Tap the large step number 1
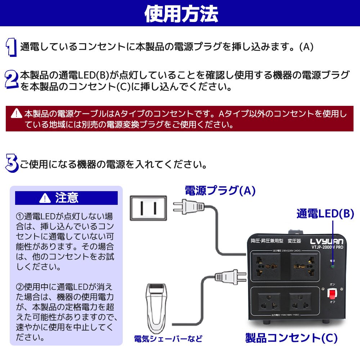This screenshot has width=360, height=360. [11, 47]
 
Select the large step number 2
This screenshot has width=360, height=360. [11, 80]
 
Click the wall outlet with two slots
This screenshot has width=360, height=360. [148, 208]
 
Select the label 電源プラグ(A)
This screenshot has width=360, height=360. [220, 190]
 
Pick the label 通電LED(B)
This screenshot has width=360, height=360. [325, 213]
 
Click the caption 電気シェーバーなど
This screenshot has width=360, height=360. [168, 339]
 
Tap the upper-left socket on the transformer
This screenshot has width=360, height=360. [267, 266]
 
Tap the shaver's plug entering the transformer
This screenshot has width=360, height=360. [227, 276]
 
